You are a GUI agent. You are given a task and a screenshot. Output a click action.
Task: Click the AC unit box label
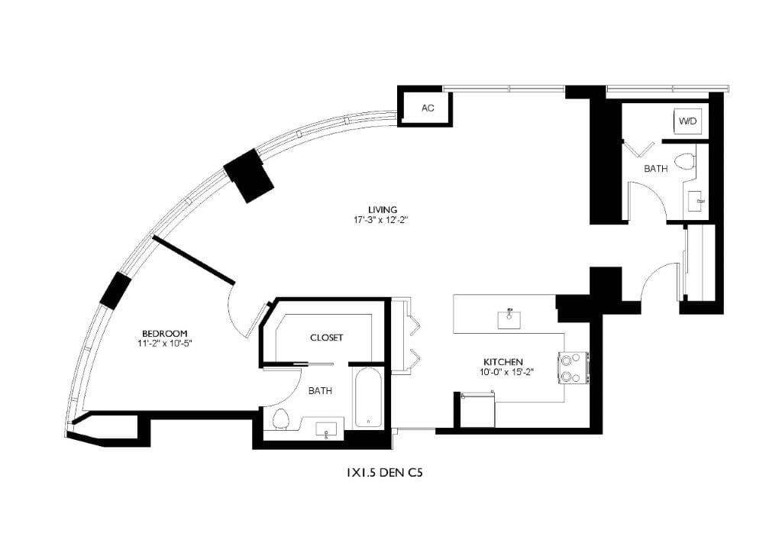tap(428, 108)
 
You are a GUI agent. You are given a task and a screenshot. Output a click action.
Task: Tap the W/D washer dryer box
tap(688, 121)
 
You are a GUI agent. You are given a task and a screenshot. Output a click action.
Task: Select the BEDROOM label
tap(165, 333)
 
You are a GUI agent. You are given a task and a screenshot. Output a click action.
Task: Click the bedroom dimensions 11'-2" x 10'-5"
tap(165, 344)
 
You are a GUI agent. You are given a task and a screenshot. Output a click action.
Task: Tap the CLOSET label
tap(326, 337)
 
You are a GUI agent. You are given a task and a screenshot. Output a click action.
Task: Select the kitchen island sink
tap(509, 319)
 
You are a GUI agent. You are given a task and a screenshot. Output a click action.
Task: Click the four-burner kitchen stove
tap(574, 367)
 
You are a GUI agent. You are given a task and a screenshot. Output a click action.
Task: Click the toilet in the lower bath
tap(280, 419)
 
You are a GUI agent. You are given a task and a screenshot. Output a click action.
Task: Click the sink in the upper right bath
tap(697, 202)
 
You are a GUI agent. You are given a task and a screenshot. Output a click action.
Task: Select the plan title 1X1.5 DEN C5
tap(384, 473)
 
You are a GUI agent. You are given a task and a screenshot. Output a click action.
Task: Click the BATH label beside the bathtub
tap(320, 390)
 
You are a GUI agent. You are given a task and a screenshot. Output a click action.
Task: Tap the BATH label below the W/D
tap(655, 168)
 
